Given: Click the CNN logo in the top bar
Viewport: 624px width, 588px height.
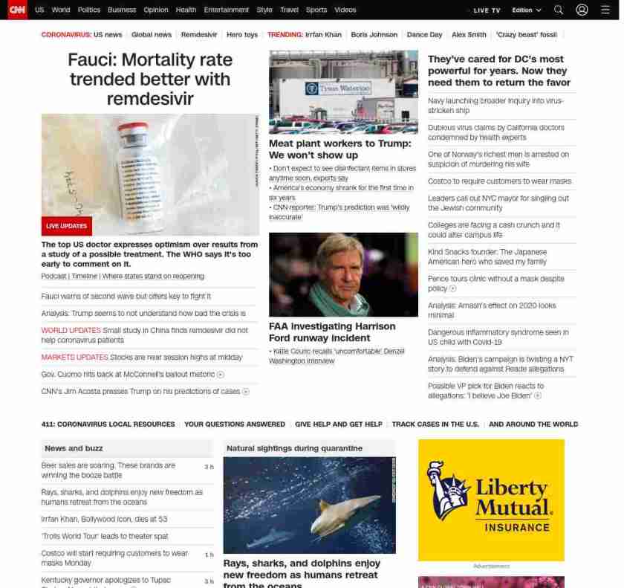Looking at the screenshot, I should [16, 10].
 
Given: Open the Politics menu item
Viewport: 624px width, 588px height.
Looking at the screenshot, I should [89, 10].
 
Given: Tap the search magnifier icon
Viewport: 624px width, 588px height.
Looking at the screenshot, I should [559, 10].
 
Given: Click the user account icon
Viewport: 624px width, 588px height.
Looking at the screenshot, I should [582, 10].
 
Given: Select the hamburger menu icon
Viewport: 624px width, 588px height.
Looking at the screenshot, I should [605, 10].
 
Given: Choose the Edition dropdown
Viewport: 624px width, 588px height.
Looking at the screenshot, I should [527, 10].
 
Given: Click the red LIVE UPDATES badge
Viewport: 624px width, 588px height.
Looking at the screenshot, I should [66, 226].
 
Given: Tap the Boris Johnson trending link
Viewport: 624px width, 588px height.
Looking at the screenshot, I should [374, 35].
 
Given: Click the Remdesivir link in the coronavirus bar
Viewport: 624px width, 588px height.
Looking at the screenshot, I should [199, 35].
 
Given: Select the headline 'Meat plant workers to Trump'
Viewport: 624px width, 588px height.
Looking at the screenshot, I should [339, 149].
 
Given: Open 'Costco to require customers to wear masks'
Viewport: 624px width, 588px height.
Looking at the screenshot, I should [499, 181].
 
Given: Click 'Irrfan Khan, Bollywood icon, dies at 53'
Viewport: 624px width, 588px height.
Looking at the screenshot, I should [104, 519].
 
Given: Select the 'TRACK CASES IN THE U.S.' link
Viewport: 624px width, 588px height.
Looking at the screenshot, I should [435, 424].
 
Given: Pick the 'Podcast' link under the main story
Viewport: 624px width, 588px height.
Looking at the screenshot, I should [53, 276].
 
